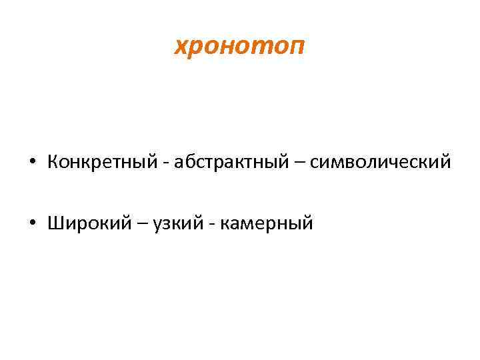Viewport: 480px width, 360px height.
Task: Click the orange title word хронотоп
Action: (240, 47)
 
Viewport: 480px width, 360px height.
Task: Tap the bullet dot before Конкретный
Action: (33, 162)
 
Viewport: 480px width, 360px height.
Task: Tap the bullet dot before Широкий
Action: (33, 223)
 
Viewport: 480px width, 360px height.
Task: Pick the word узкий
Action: (175, 223)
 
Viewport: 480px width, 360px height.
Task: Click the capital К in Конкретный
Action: (53, 162)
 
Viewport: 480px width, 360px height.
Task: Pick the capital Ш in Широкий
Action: (55, 223)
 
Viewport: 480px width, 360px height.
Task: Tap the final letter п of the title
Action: (298, 48)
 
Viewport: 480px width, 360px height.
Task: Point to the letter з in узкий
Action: (165, 224)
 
